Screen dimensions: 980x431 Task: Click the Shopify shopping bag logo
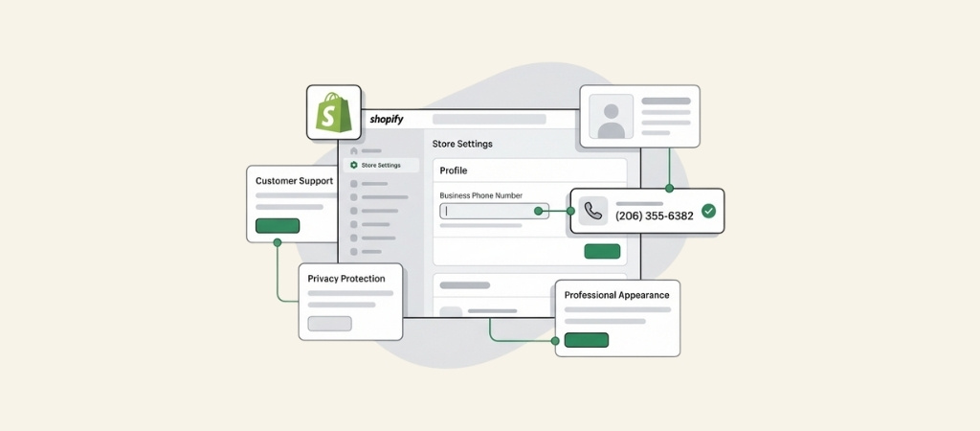point(334,113)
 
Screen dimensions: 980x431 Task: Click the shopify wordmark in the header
point(387,120)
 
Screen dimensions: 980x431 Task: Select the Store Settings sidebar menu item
point(381,165)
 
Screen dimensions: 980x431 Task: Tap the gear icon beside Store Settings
point(354,165)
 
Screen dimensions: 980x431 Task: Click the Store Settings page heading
point(462,144)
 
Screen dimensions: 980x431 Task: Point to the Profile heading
point(453,170)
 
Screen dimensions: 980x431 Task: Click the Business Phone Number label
point(481,195)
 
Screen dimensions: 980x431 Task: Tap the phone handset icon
point(593,212)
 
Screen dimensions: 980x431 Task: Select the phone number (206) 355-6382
point(655,215)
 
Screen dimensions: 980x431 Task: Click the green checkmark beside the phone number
point(708,212)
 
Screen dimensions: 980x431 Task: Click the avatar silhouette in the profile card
point(612,121)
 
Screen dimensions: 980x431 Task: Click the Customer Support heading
point(295,181)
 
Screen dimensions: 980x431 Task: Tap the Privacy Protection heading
point(346,279)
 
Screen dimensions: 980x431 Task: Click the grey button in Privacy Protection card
point(329,324)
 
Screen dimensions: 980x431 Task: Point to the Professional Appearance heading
point(617,295)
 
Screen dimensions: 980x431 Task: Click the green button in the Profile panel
point(603,252)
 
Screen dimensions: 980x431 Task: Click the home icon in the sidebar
point(354,150)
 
